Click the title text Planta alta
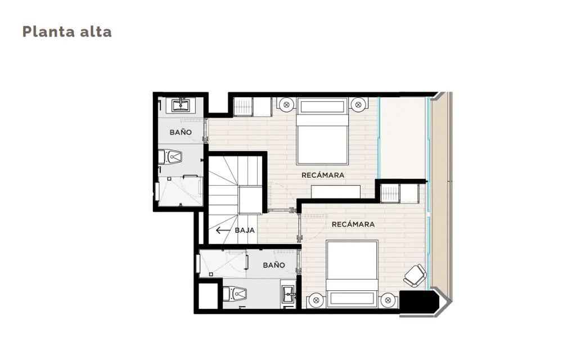tap(67, 31)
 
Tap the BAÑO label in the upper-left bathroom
tap(181, 132)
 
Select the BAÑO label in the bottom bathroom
tap(274, 265)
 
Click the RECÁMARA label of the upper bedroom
tap(323, 175)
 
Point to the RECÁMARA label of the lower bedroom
tap(353, 224)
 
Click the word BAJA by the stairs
tap(245, 230)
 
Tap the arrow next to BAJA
tap(223, 230)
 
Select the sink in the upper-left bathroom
tap(180, 105)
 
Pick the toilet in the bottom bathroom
tap(235, 294)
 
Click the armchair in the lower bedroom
tap(416, 276)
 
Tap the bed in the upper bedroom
tap(322, 130)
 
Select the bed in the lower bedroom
tap(352, 274)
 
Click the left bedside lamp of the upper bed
tap(286, 105)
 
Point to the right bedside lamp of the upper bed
tap(358, 105)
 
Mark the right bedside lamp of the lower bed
tap(388, 300)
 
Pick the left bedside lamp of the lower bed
tap(316, 300)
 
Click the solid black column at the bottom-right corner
tap(418, 302)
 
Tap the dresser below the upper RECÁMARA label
tap(336, 192)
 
